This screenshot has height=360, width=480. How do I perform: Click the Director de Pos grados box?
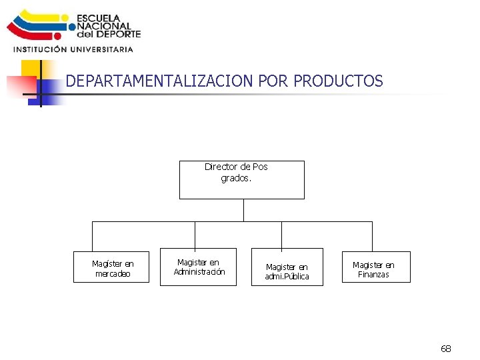241,179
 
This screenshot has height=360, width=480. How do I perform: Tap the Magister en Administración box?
198,267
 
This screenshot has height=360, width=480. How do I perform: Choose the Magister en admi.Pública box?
287,267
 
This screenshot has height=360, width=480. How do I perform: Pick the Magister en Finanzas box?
376,267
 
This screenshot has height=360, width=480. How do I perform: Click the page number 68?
446,349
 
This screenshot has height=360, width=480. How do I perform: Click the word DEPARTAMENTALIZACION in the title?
159,81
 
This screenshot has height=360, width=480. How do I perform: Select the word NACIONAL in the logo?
103,27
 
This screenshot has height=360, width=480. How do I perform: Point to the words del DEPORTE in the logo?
109,34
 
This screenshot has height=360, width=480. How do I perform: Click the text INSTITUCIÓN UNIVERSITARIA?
73,49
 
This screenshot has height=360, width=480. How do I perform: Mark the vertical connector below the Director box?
243,210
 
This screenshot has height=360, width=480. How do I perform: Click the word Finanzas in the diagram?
373,275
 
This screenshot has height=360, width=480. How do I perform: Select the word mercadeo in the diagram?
113,274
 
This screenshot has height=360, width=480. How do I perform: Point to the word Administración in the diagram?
199,271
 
